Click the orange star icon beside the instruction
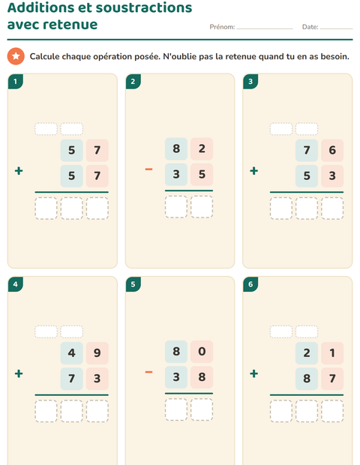16,56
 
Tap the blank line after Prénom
265,28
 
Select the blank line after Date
336,28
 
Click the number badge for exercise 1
16,82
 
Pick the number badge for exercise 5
133,284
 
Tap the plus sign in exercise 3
253,171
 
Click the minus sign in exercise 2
148,169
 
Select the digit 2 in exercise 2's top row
202,148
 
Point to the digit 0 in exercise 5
202,352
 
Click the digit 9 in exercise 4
97,353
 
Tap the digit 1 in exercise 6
332,353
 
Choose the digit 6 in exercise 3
332,150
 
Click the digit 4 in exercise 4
71,353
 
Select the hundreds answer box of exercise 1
46,208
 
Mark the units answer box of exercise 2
202,207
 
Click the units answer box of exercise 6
332,411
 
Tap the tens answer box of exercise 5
176,409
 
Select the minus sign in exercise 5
148,372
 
